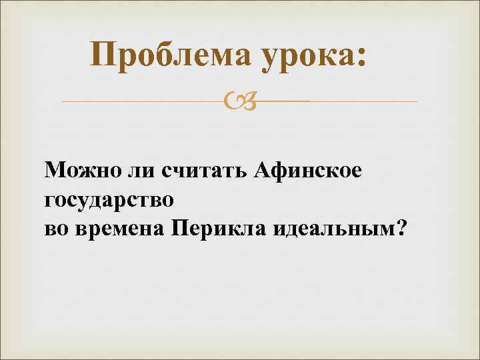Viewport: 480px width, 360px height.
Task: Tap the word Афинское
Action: (x=309, y=171)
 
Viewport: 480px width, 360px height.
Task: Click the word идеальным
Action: (x=328, y=229)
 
